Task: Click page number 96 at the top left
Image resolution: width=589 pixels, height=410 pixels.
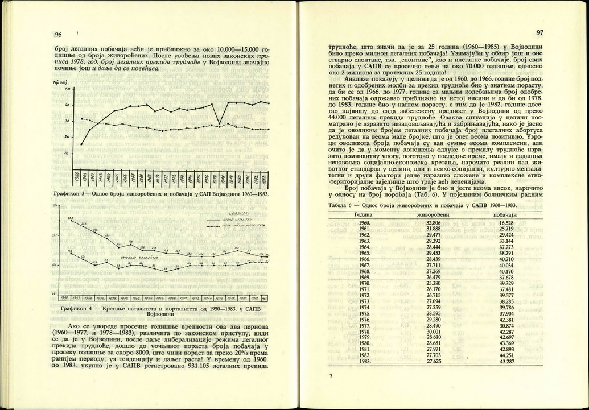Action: pyautogui.click(x=58, y=34)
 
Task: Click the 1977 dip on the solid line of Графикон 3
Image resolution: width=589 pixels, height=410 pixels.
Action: pyautogui.click(x=219, y=124)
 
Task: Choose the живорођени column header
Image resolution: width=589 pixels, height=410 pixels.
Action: pyautogui.click(x=434, y=214)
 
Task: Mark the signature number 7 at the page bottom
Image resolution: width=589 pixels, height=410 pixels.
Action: pyautogui.click(x=331, y=376)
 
